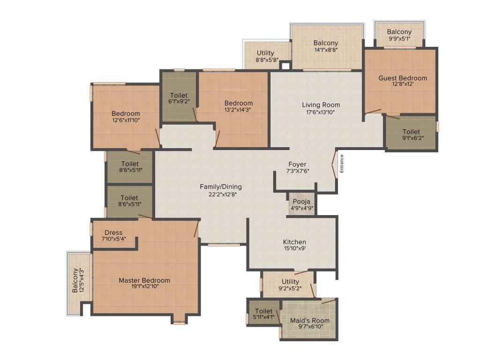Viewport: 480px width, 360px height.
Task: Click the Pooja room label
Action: tap(302, 202)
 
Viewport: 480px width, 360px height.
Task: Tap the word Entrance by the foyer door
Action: tap(342, 164)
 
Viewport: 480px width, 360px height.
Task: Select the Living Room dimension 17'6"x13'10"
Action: tap(321, 112)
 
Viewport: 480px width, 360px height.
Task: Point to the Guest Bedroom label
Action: tap(403, 78)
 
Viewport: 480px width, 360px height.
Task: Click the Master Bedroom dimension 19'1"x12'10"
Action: tap(144, 286)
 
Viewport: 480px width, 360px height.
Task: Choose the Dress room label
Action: tap(113, 232)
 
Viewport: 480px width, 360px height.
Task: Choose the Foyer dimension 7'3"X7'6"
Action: tap(297, 171)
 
